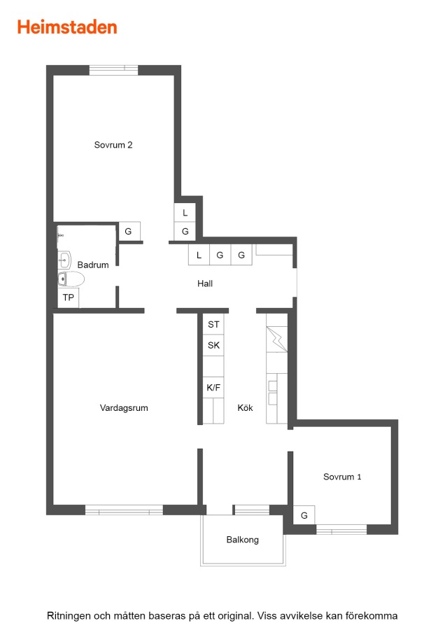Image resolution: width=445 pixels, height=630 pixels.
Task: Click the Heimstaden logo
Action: pos(67,27)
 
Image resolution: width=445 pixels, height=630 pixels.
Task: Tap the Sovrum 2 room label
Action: pos(113,145)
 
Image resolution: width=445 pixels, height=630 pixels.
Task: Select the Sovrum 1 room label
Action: pos(342,477)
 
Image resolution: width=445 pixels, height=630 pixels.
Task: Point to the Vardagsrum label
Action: pos(124,408)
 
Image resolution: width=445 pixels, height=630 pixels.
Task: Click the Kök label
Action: pos(245,408)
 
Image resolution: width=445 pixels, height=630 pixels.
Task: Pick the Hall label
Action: pos(205,283)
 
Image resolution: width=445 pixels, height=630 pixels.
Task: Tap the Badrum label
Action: pos(93,265)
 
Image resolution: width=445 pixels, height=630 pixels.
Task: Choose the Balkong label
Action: pos(243,540)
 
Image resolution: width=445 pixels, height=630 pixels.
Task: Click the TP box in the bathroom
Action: pos(69,297)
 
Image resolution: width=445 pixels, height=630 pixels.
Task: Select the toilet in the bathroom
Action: pos(71,279)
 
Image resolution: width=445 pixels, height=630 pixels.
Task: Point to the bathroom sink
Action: pos(64,260)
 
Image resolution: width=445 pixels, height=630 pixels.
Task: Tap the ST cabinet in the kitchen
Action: pos(213,324)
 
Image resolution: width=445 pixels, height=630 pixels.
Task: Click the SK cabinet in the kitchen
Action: pos(213,345)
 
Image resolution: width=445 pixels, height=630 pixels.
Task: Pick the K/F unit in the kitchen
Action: pos(213,387)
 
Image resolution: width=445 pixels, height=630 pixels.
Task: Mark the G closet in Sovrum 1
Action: pos(304,515)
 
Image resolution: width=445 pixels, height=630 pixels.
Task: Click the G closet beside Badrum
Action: pos(129,232)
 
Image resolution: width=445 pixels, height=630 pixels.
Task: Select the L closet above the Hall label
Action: pos(199,255)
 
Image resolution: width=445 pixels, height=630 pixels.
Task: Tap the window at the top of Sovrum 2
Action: pos(113,70)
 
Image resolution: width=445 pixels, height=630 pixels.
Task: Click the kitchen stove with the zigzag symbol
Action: pos(276,339)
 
